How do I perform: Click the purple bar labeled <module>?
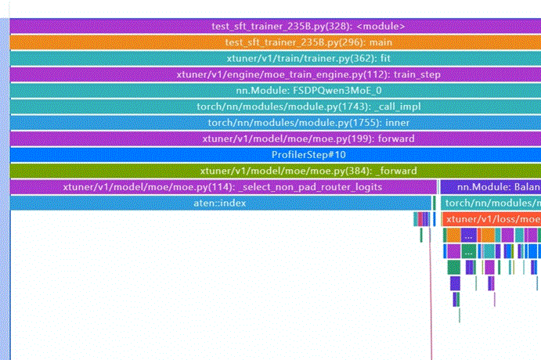(x=274, y=26)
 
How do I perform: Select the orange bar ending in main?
(x=274, y=42)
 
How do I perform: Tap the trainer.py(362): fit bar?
(x=274, y=59)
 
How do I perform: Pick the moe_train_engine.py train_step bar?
(x=274, y=74)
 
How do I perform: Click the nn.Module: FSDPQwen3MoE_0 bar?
(x=274, y=91)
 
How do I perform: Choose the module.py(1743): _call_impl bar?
(x=274, y=106)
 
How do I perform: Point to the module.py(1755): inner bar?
(x=274, y=123)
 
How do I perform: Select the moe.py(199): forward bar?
(x=274, y=139)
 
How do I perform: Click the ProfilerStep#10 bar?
(x=274, y=155)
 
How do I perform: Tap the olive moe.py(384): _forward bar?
(x=274, y=171)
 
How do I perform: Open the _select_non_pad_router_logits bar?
(x=223, y=187)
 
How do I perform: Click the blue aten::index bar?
(x=220, y=203)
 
